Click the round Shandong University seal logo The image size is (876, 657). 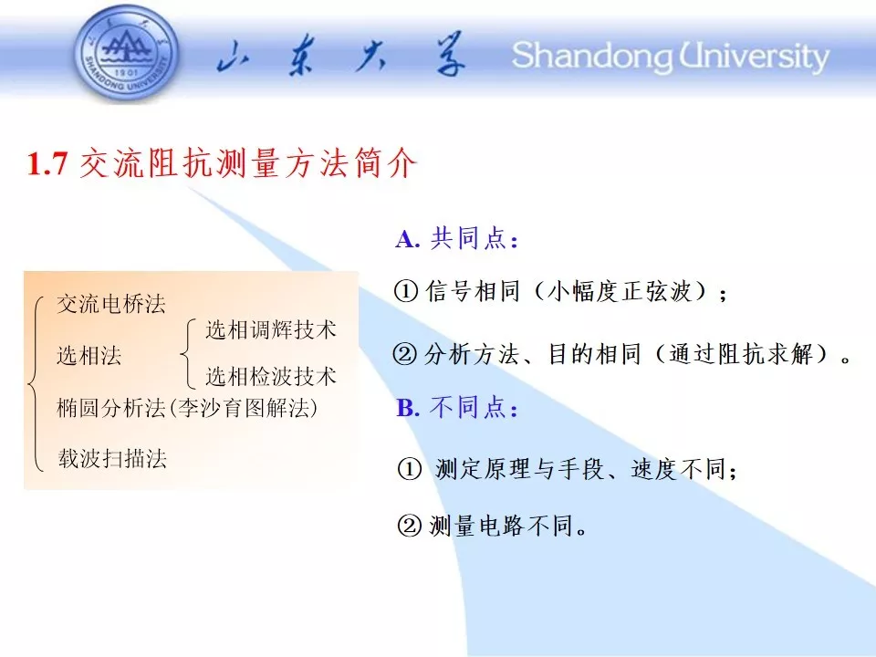click(127, 55)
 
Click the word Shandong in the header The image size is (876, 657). click(592, 57)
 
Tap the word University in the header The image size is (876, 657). click(755, 57)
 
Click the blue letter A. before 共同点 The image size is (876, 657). click(407, 240)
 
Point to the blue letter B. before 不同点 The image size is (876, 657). click(408, 408)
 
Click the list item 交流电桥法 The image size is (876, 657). click(111, 305)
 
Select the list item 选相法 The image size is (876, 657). click(89, 355)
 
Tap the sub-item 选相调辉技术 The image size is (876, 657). click(271, 329)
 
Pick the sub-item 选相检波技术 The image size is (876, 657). click(271, 376)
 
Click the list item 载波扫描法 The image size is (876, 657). click(112, 459)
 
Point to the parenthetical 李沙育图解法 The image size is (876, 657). click(243, 408)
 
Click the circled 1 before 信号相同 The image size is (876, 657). click(406, 291)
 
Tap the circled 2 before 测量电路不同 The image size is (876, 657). click(409, 527)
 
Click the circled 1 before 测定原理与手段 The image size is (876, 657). click(410, 469)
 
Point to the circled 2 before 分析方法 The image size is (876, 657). click(405, 354)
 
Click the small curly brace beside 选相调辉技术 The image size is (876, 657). click(188, 353)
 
